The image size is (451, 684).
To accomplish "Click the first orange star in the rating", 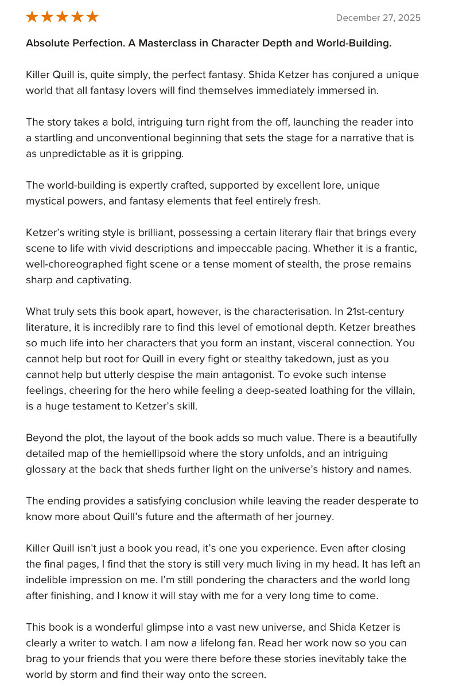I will point(32,17).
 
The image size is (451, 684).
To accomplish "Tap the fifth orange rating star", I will point(92,17).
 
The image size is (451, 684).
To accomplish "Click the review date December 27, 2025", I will point(378,18).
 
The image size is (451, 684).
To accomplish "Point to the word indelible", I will point(47,580).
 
